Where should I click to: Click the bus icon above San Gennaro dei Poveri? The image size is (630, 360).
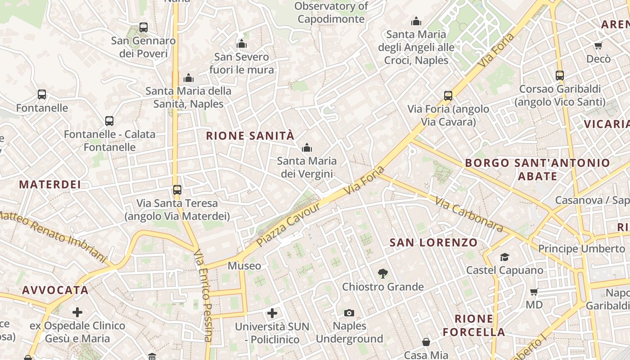(x=144, y=27)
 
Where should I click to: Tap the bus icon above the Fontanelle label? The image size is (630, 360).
(x=42, y=94)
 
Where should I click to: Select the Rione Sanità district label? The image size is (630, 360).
(x=250, y=135)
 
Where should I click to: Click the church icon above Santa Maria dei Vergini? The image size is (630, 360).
(x=307, y=148)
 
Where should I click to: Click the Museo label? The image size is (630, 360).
(x=244, y=266)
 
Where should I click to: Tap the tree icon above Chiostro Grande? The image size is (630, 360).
(x=383, y=273)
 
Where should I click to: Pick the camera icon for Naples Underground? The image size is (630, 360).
(x=349, y=313)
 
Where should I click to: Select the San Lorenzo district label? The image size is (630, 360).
(x=433, y=243)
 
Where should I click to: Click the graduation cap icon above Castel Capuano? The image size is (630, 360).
(x=505, y=257)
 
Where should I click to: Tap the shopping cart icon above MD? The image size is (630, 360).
(x=534, y=292)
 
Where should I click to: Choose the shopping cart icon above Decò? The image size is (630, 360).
(x=598, y=45)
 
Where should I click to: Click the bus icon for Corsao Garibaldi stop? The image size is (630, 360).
(x=560, y=76)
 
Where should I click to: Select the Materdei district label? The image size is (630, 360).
(x=50, y=184)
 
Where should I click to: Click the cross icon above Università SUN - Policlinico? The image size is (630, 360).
(x=272, y=313)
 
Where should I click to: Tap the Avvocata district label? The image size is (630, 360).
(x=55, y=290)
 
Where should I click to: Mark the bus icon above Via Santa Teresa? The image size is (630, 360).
(x=177, y=190)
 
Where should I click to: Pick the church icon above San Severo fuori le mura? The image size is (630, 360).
(x=242, y=44)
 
